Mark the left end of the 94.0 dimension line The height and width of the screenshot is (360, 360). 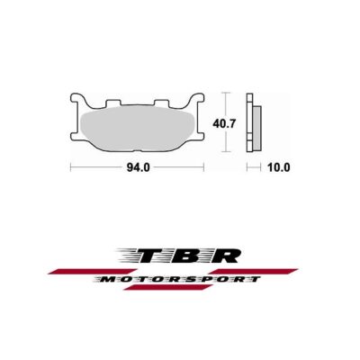tap(71, 167)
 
